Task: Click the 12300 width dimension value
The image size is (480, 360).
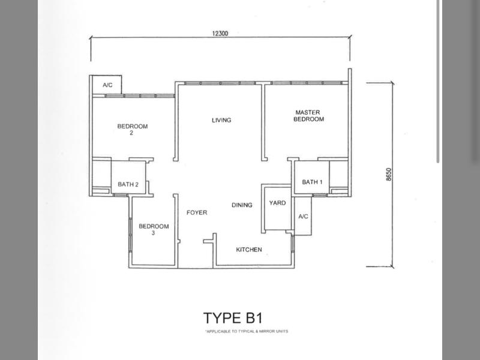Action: pos(220,34)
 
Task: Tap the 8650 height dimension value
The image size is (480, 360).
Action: pos(389,175)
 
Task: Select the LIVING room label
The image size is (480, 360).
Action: pos(221,120)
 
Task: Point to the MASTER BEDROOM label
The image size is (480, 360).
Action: pos(308,116)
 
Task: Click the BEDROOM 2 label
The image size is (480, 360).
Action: pos(132,129)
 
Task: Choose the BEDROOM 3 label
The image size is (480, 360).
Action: pos(154,229)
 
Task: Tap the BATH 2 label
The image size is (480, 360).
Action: pos(128,184)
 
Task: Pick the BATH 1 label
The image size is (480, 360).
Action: pos(312,182)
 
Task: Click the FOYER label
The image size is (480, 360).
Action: pos(197,212)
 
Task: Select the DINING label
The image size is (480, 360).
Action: pos(242,205)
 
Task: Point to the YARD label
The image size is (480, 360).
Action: pos(277,203)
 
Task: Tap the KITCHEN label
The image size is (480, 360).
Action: pos(249,250)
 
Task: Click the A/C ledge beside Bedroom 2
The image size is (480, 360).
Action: pos(107,85)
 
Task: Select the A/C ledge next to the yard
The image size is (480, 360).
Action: pos(303,216)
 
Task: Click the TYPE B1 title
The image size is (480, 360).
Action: pos(233,318)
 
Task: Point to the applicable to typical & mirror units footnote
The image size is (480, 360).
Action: pos(247,331)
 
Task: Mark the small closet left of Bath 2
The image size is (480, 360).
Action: pos(101,176)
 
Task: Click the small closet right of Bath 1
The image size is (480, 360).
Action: pos(338,175)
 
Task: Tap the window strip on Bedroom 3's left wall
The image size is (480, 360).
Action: pos(131,235)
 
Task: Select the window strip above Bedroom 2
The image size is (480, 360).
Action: pos(133,96)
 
